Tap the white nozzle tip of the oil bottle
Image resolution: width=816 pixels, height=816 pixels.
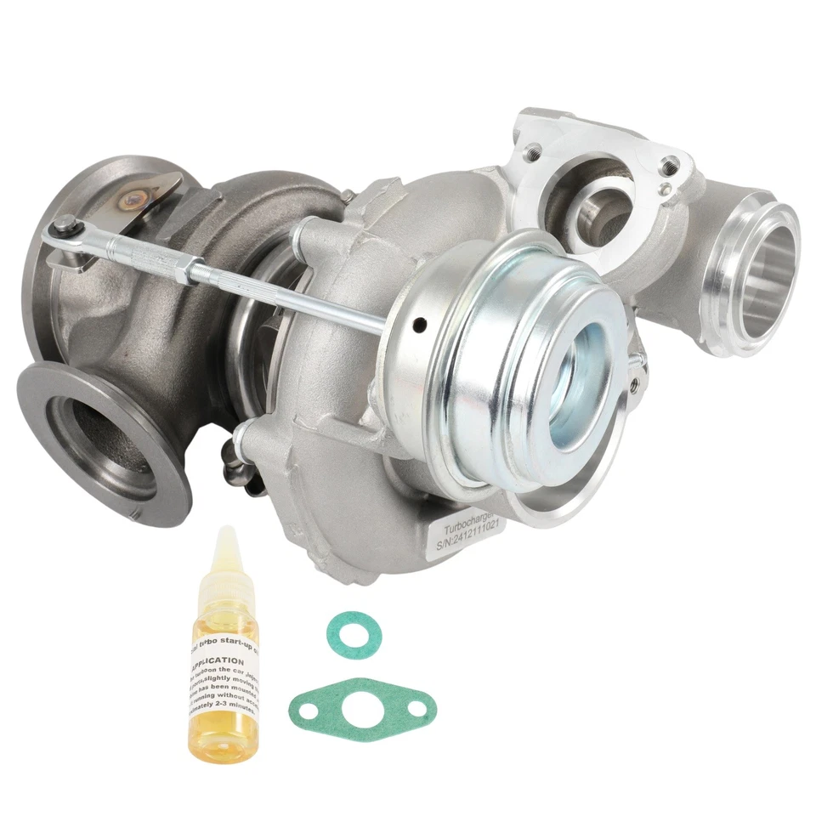(x=224, y=544)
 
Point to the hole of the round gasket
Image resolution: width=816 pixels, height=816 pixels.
(x=354, y=634)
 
